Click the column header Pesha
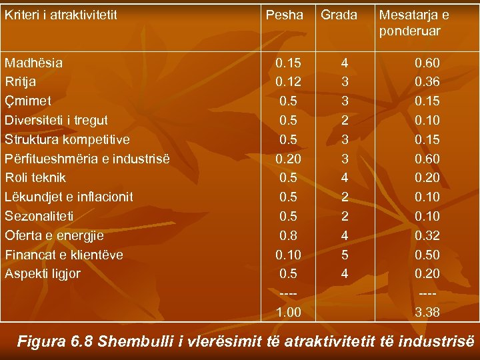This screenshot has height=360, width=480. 284,15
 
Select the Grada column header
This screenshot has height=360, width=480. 339,15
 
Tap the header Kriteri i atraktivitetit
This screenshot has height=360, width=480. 61,15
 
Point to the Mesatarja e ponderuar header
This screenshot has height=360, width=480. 413,23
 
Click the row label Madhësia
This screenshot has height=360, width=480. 33,63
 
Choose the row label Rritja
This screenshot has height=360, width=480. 21,82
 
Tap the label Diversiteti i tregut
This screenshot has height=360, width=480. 56,121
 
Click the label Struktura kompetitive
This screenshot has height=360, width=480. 67,140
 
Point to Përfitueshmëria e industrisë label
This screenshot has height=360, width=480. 87,159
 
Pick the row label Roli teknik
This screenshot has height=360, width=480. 35,178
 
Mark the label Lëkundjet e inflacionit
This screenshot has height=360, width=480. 69,197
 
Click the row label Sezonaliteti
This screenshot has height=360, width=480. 39,216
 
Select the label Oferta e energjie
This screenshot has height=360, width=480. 54,235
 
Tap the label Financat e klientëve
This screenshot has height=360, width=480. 63,255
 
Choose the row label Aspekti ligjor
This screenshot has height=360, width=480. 42,273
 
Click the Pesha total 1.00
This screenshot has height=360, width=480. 288,312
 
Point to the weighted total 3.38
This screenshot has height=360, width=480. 427,312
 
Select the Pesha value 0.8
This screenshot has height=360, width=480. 289,235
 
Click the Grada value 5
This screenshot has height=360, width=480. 344,255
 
